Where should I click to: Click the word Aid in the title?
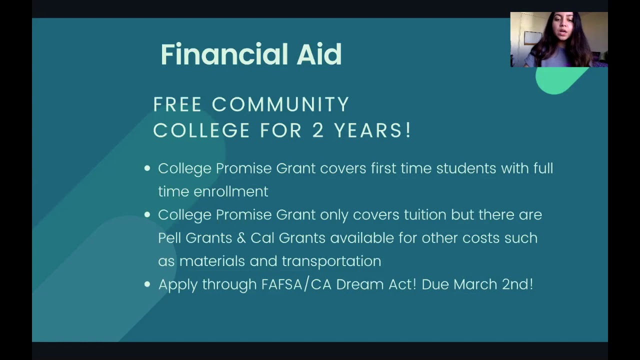tap(319, 54)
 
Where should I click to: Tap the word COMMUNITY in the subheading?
tap(280, 105)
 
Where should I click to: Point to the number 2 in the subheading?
tap(318, 131)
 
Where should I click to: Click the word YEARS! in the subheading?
tap(372, 131)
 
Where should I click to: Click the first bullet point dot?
tap(147, 168)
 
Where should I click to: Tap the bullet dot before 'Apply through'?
tap(147, 284)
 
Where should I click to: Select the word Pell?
tap(169, 238)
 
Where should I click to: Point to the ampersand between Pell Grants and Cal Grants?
tap(241, 238)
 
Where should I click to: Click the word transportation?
tap(331, 261)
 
